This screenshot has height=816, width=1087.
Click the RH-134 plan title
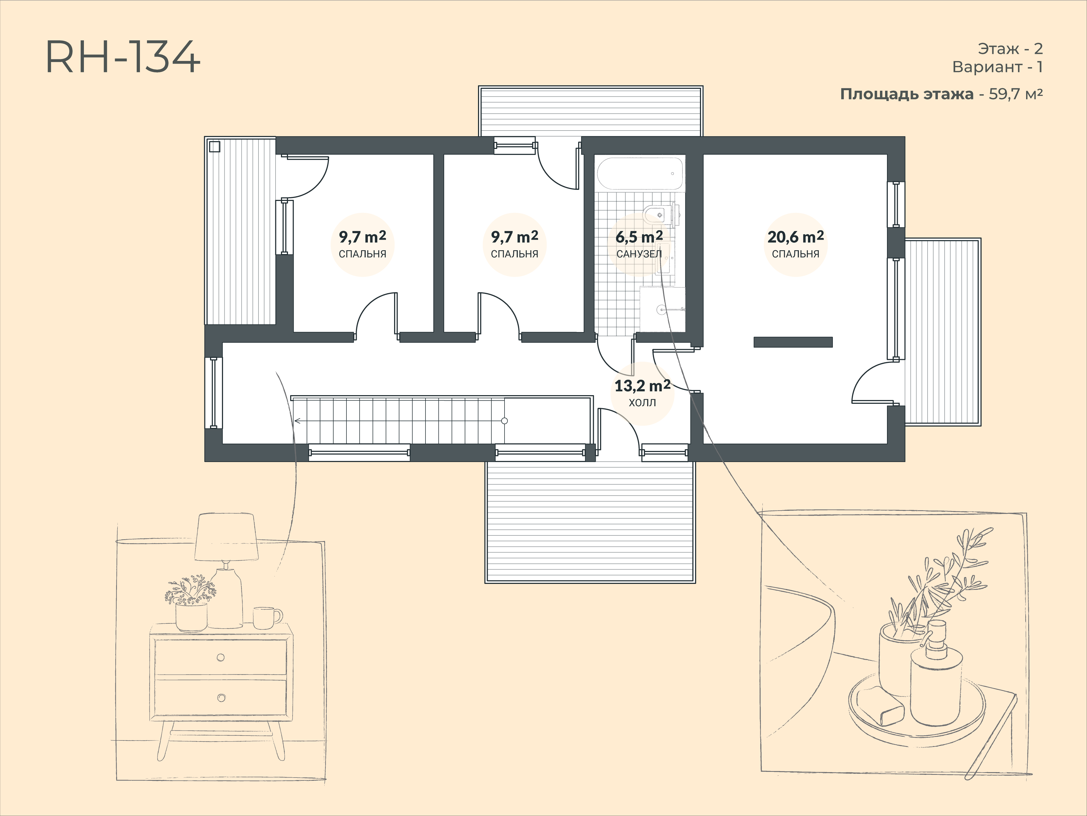tap(123, 57)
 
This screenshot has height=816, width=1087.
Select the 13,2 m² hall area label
tap(642, 386)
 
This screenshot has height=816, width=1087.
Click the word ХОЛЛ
tap(642, 403)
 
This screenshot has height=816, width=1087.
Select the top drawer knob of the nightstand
tap(221, 658)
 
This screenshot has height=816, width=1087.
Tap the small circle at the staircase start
tap(504, 421)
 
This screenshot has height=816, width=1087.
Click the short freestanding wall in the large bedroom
tap(793, 342)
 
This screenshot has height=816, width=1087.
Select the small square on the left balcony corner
tap(214, 147)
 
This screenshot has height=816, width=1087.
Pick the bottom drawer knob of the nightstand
tap(221, 698)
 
